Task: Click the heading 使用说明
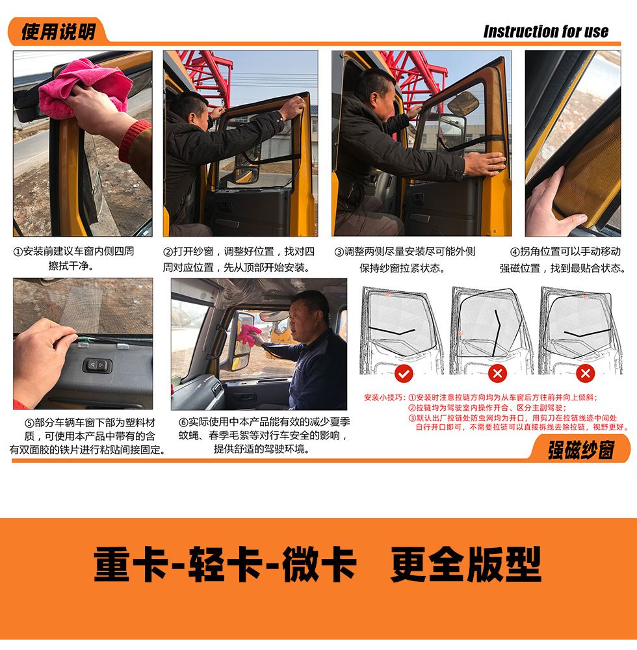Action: click(58, 31)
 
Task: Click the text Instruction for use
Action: click(546, 31)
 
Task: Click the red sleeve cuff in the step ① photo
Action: click(133, 141)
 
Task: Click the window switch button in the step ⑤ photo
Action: click(97, 365)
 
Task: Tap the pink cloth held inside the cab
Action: click(250, 335)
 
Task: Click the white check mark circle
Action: click(404, 374)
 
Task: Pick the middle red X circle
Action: click(497, 374)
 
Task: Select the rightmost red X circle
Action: click(585, 374)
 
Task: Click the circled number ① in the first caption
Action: click(18, 252)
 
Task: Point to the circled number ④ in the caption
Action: click(515, 252)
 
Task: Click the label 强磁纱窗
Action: click(581, 450)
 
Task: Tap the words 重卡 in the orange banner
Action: click(131, 564)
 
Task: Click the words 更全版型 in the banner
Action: click(466, 564)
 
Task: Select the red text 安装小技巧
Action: click(383, 398)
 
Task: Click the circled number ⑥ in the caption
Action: click(183, 422)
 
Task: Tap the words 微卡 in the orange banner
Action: click(320, 564)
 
